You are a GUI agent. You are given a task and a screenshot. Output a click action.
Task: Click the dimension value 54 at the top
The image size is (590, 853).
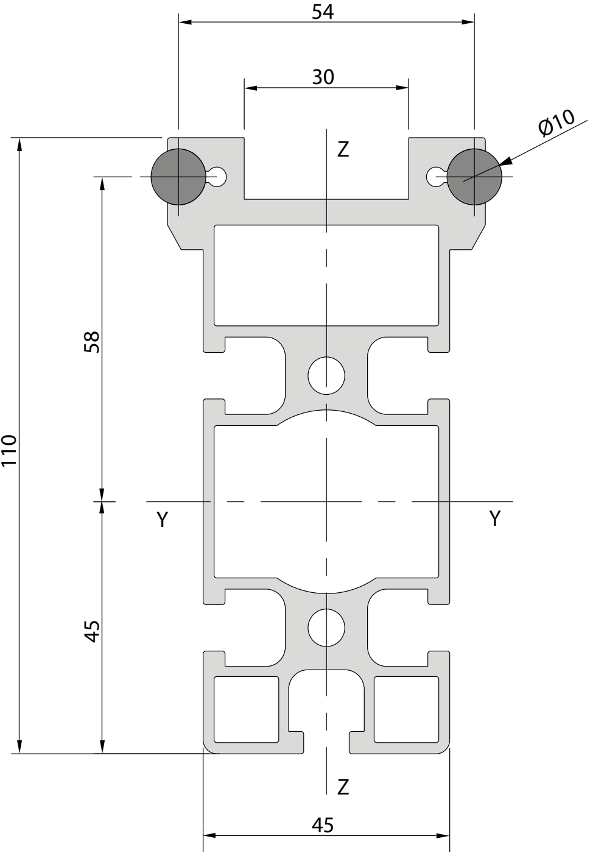coord(323,12)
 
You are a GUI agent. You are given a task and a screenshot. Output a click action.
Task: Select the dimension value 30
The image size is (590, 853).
coord(323,77)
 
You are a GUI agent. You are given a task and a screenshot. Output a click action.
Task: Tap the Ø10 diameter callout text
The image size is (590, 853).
coord(557,122)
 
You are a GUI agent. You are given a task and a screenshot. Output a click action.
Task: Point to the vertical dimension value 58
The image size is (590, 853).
coord(91,342)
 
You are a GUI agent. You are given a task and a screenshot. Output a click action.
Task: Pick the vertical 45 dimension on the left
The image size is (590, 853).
coord(91,631)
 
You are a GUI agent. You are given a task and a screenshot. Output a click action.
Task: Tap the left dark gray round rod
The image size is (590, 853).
coord(178,177)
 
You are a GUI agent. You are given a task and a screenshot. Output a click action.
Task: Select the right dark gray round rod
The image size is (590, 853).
coord(474,177)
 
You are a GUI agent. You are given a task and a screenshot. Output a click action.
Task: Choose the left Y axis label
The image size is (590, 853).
coord(163,519)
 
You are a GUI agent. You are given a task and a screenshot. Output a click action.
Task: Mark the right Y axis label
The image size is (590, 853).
coord(495,519)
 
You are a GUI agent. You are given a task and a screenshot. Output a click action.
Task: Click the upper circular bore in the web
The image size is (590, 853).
coord(326,375)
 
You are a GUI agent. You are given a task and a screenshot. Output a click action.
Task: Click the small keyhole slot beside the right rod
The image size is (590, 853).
coord(436,177)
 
